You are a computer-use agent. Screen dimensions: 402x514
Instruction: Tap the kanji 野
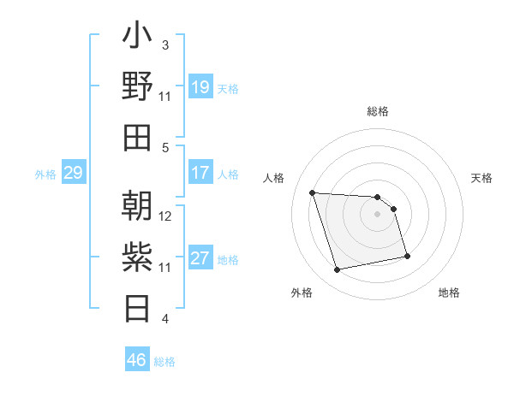click(x=138, y=87)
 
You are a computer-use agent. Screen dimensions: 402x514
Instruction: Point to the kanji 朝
click(x=138, y=207)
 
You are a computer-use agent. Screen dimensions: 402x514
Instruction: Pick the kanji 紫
click(x=138, y=257)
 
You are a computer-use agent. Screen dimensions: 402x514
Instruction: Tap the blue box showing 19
click(x=200, y=87)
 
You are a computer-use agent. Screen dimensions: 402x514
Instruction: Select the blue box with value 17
click(x=200, y=173)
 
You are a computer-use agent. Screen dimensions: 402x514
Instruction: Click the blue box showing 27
click(x=200, y=258)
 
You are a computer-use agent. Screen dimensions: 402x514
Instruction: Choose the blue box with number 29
click(x=73, y=174)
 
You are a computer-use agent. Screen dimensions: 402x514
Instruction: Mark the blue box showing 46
click(x=136, y=360)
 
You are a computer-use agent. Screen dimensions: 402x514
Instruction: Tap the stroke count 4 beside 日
click(x=165, y=319)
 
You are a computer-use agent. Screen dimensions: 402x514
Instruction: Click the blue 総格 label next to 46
click(x=164, y=362)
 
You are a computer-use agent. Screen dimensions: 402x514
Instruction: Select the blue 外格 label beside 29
click(x=45, y=174)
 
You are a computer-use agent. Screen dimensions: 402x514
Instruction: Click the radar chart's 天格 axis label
click(x=482, y=178)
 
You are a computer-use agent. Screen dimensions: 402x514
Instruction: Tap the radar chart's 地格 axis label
click(x=449, y=293)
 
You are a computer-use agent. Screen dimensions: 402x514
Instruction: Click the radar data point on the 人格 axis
click(x=312, y=192)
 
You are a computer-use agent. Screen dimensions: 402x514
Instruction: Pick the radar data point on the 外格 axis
click(x=338, y=270)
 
